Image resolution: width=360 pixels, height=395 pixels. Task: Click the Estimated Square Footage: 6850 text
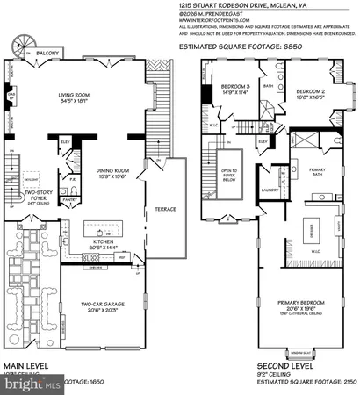click(x=256, y=48)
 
